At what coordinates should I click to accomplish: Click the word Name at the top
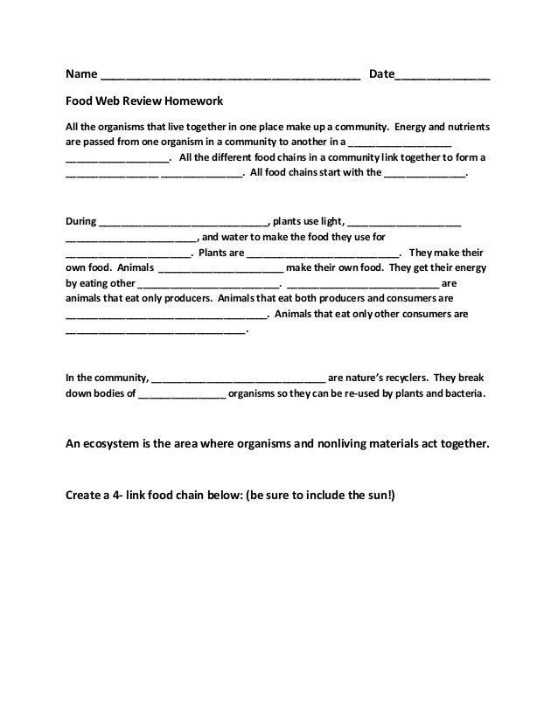click(82, 74)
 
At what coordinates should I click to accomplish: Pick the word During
click(82, 221)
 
